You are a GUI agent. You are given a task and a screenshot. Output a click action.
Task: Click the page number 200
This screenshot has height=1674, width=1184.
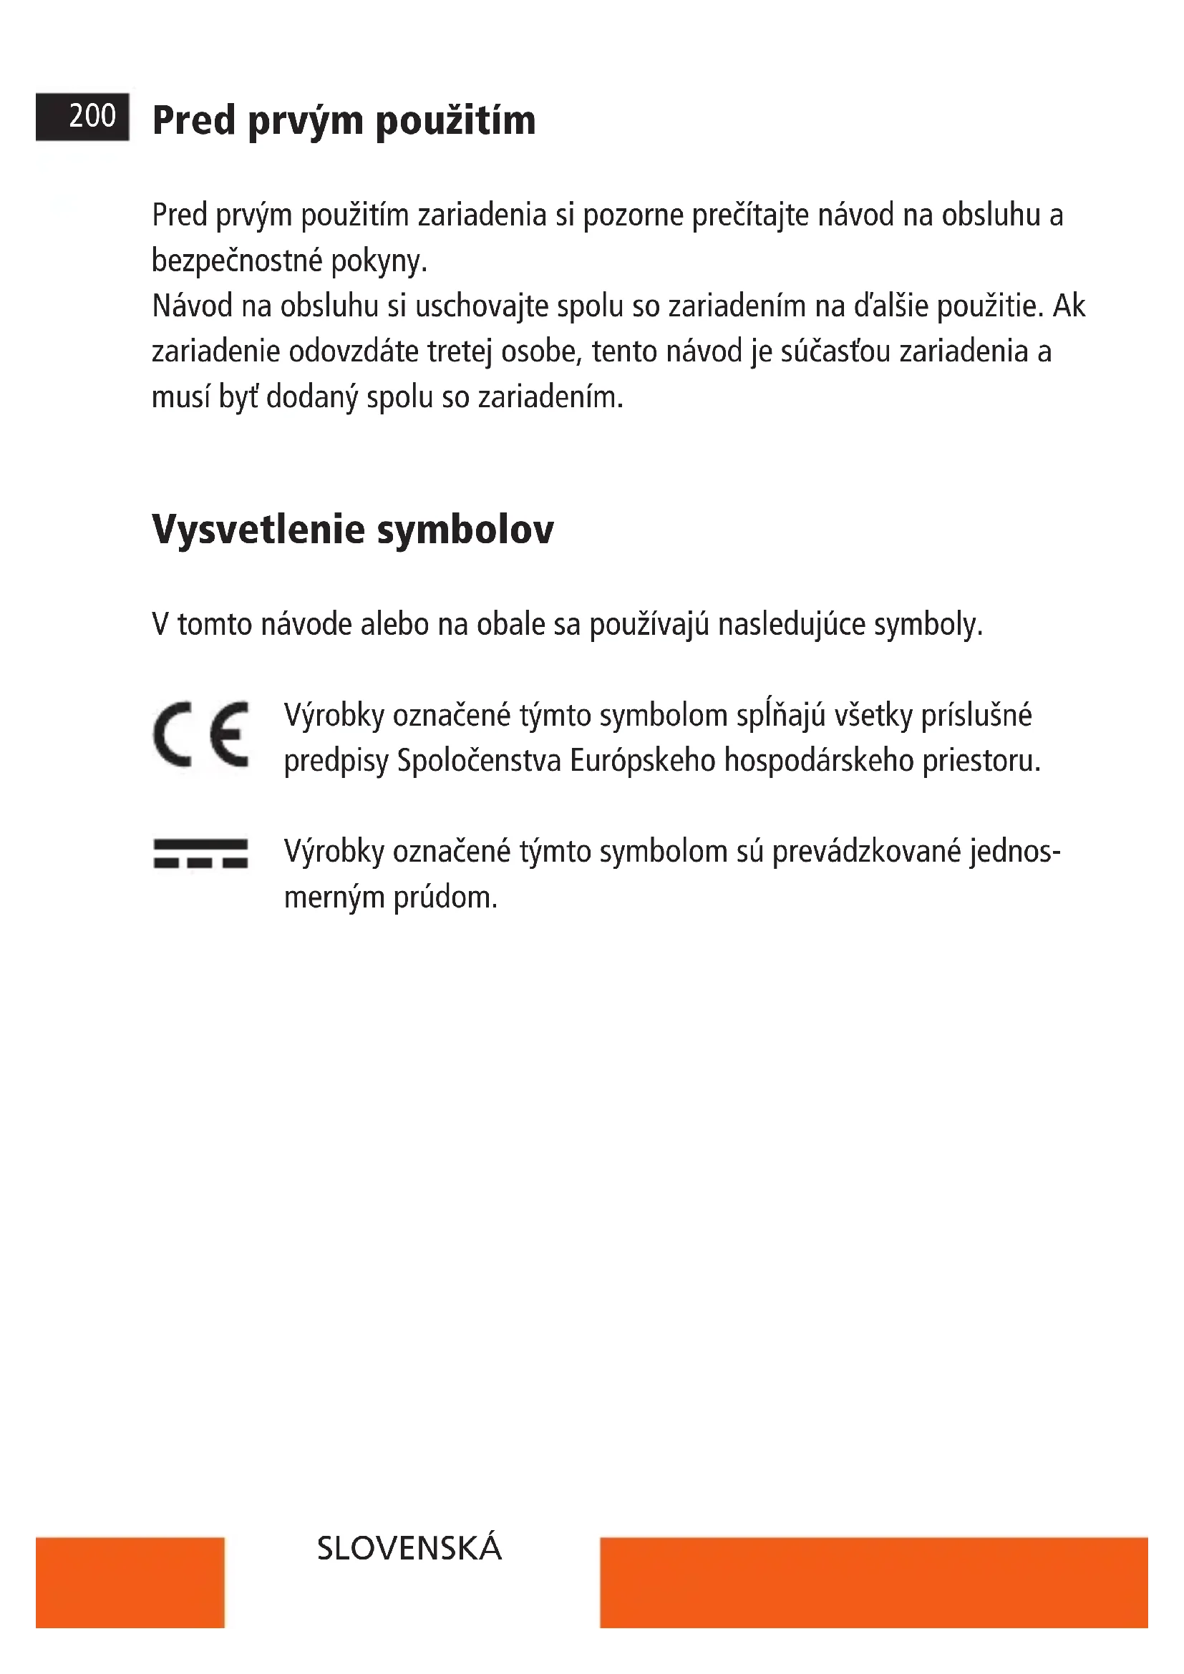tap(92, 116)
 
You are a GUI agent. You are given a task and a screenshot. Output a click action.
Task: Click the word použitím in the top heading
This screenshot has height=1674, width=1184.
tap(455, 121)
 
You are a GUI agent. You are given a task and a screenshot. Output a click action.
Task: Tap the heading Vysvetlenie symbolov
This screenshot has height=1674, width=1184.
tap(353, 530)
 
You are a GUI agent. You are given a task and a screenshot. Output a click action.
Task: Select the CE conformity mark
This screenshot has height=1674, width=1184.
tap(201, 734)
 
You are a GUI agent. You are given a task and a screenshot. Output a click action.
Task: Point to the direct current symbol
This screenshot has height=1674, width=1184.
tap(200, 854)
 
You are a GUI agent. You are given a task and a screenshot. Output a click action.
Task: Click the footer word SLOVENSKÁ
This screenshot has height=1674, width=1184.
tap(409, 1549)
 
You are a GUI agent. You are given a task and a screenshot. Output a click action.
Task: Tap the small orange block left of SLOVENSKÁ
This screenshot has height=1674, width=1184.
tap(129, 1582)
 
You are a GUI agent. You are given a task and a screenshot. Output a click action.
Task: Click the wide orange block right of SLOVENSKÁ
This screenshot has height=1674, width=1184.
tap(874, 1582)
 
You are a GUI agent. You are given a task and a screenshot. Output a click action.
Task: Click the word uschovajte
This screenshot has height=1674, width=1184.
tap(481, 306)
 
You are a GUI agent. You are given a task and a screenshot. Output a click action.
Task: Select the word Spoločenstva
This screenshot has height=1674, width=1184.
tap(479, 761)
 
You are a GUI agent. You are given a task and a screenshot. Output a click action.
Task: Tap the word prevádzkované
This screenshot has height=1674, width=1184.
tap(866, 852)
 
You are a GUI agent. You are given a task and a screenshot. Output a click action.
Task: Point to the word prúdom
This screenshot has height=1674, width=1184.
tap(445, 897)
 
